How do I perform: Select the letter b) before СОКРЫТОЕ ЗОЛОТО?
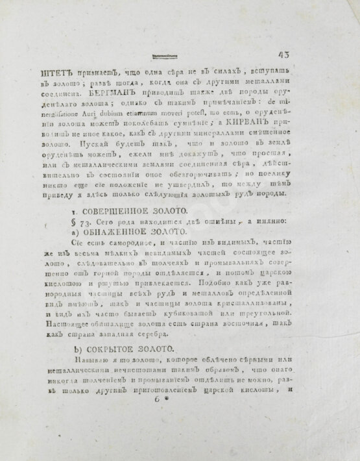click(75, 349)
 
